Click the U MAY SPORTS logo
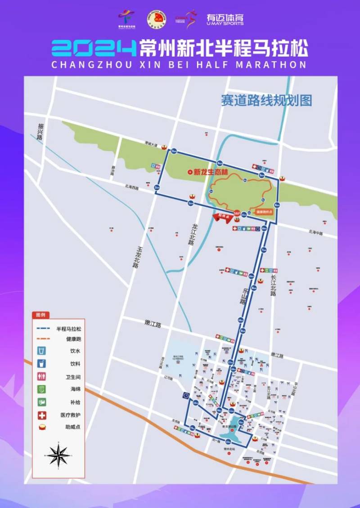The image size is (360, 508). point(225,18)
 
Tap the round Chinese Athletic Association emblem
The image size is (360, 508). point(157,19)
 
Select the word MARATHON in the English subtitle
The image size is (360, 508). point(272,64)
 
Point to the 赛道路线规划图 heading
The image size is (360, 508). point(266,100)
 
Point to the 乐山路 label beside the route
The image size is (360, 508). point(243,296)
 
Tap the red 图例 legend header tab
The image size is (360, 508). point(41,315)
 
